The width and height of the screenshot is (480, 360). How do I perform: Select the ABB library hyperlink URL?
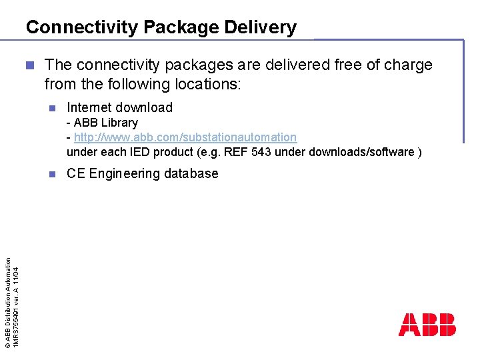click(x=185, y=137)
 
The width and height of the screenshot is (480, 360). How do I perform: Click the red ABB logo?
click(x=427, y=325)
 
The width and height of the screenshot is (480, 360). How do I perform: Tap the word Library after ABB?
click(x=119, y=123)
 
